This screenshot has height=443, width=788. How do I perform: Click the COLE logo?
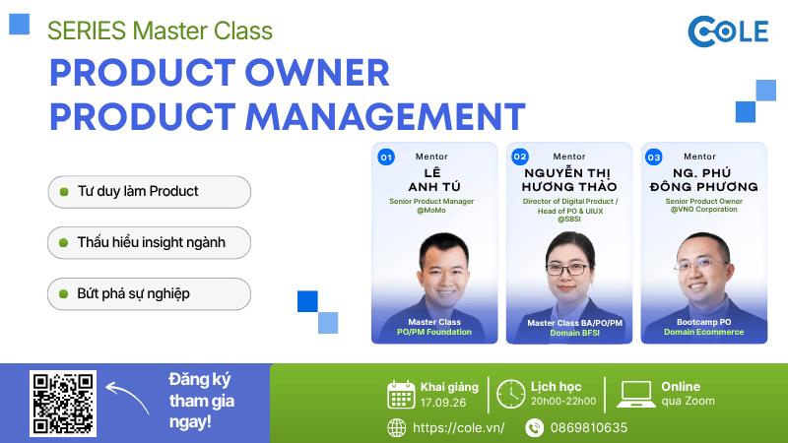(728, 32)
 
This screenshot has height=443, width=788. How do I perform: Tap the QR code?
(63, 404)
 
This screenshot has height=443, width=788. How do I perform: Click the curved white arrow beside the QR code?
(126, 396)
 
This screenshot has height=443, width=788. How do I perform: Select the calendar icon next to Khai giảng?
(401, 395)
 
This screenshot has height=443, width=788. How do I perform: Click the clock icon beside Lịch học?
(510, 395)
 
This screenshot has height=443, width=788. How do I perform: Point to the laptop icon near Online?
(635, 395)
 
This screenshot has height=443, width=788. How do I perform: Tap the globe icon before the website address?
(397, 428)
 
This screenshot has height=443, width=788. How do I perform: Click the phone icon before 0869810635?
(534, 428)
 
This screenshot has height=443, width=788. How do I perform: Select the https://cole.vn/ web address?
(458, 428)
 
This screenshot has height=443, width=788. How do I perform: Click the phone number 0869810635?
(588, 428)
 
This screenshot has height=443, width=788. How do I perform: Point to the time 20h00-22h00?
(563, 402)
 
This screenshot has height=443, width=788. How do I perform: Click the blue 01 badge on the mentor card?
(386, 158)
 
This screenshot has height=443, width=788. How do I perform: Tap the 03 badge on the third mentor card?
(653, 158)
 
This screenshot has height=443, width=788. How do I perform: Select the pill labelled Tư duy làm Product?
(150, 192)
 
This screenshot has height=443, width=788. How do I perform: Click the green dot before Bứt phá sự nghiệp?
(63, 293)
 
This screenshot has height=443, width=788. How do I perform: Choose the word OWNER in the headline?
(317, 73)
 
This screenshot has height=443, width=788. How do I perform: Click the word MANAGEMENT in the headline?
(385, 117)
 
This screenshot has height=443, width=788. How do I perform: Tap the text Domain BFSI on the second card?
(574, 333)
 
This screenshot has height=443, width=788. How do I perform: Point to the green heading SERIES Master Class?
(160, 31)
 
